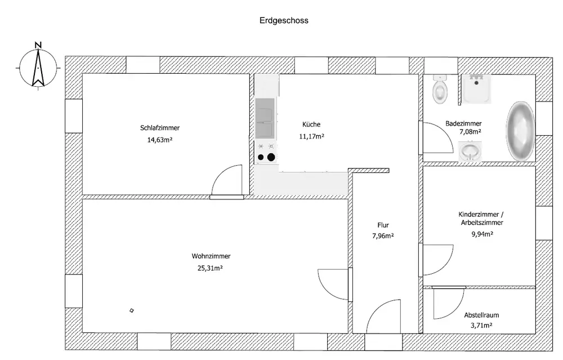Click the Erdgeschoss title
point(284,20)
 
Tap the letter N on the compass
point(38,45)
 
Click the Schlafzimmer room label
point(160,128)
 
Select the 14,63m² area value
point(160,140)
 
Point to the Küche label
point(311,125)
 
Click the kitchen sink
point(265,118)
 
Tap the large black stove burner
point(271,157)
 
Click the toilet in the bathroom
point(440,90)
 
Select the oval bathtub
point(520,131)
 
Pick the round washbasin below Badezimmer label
point(470,151)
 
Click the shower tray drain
point(476,83)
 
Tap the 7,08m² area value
point(470,132)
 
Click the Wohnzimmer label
point(211,256)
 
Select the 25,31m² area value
point(210,268)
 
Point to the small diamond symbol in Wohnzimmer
point(132,310)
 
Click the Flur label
point(383,225)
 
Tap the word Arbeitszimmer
point(482,223)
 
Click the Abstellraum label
point(481,315)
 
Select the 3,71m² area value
point(481,326)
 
